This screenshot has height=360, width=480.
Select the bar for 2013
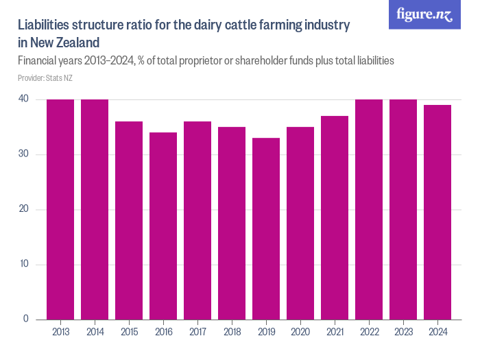pos(60,209)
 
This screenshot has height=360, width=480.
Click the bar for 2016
pos(163,226)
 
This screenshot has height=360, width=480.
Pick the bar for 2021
pos(335,217)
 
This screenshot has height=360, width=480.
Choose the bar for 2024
pos(437,212)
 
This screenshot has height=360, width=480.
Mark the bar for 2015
pos(129,220)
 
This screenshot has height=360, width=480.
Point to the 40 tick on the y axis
pos(23,99)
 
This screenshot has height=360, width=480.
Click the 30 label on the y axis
pos(23,154)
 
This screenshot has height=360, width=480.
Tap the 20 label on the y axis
pos(23,209)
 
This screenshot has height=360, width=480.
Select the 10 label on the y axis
pos(23,265)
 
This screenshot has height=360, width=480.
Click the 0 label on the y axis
pos(25,319)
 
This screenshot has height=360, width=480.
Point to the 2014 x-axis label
pos(95,332)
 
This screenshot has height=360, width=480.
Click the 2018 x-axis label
pos(232,332)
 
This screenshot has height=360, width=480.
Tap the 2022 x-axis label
pos(369,332)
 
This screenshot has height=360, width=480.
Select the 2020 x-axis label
pos(300,332)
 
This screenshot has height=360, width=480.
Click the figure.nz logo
pos(425,14)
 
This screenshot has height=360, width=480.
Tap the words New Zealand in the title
pos(60,43)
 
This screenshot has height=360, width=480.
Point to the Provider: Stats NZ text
pos(45,78)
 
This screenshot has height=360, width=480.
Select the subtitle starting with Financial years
pos(206,61)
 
